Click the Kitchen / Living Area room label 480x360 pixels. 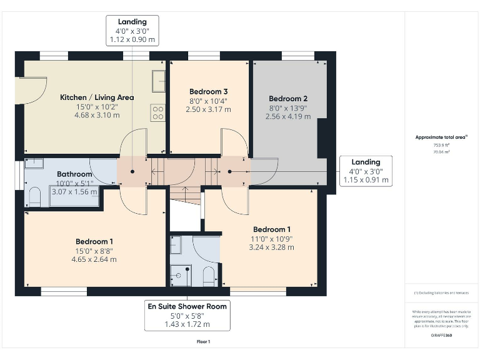97,97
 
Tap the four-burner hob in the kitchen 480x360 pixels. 158,113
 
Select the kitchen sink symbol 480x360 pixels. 158,81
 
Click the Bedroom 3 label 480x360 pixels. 208,92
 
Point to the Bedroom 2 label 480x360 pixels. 288,98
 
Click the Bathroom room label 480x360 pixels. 74,174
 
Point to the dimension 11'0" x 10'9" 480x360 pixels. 271,239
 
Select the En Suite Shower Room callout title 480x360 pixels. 187,306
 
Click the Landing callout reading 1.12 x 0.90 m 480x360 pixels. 132,39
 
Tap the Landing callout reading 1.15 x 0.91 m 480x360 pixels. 366,180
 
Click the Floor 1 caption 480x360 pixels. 203,341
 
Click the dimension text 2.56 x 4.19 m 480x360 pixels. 287,116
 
